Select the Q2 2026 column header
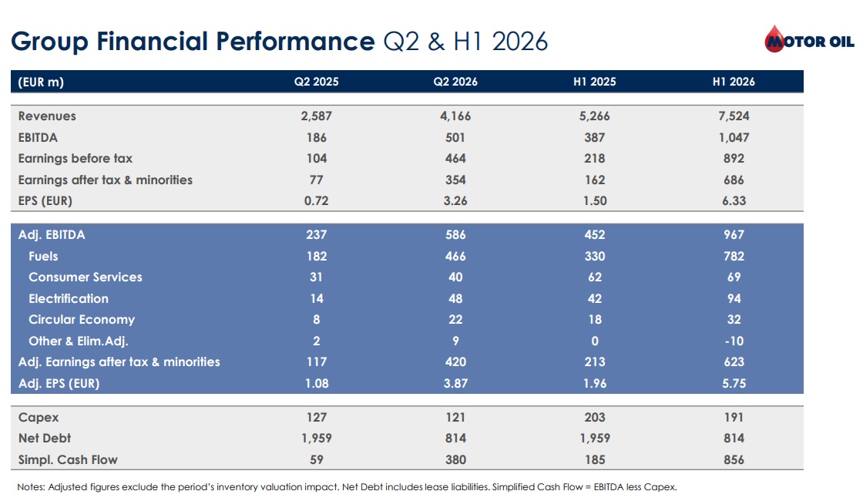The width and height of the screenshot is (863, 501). [455, 82]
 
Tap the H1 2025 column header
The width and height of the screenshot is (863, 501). [594, 82]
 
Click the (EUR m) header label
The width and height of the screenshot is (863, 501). [41, 82]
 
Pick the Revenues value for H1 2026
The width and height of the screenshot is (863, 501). [734, 116]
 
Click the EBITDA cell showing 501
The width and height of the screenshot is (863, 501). [455, 138]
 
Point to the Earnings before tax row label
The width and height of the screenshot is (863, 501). [76, 159]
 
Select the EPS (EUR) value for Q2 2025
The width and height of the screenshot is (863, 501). [317, 201]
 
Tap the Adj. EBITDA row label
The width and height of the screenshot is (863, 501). [52, 235]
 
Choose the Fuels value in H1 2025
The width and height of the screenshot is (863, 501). [594, 257]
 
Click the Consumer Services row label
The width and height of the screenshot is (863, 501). [86, 277]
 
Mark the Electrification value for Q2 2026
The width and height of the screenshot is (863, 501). [455, 299]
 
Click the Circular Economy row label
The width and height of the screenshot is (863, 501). [82, 320]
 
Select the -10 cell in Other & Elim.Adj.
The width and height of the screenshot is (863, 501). [734, 341]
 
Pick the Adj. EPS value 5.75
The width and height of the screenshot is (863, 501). [734, 384]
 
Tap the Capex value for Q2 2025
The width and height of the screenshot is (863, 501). [317, 418]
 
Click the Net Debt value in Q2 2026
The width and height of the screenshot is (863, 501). [455, 439]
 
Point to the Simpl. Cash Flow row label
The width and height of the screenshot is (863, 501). [68, 459]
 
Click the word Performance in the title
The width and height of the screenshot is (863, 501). [295, 42]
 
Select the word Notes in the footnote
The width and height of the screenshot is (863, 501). [31, 487]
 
